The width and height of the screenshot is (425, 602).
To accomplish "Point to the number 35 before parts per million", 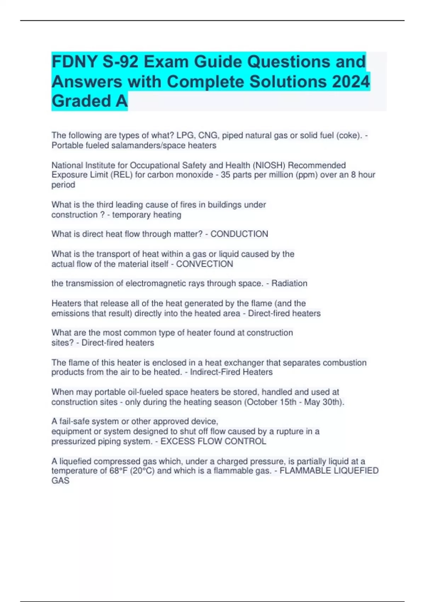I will point(226,175).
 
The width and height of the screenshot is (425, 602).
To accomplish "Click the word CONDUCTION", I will point(239,234).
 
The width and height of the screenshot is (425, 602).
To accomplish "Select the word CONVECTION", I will point(204,264).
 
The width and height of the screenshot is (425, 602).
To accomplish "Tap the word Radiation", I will point(289,283).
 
